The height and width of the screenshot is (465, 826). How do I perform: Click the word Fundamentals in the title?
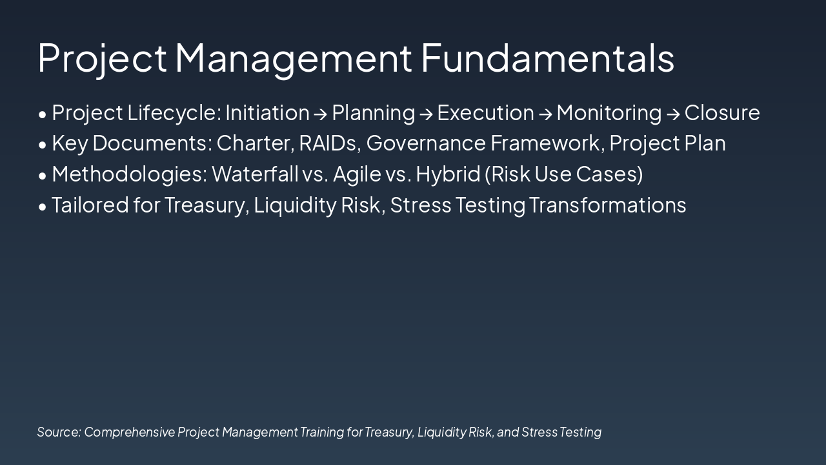pyautogui.click(x=547, y=57)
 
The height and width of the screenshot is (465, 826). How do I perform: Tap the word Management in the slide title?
pyautogui.click(x=293, y=57)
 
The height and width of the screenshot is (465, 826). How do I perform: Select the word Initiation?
pyautogui.click(x=267, y=113)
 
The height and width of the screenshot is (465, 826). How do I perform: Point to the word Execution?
pyautogui.click(x=485, y=113)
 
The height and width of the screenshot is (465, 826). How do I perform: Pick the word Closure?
pyautogui.click(x=722, y=113)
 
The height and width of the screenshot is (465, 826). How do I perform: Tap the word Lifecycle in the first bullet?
pyautogui.click(x=174, y=113)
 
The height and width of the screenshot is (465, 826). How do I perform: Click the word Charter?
pyautogui.click(x=255, y=143)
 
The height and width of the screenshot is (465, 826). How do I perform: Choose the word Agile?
pyautogui.click(x=357, y=174)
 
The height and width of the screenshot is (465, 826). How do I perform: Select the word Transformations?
pyautogui.click(x=607, y=205)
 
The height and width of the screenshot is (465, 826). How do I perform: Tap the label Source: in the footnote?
pyautogui.click(x=59, y=432)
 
